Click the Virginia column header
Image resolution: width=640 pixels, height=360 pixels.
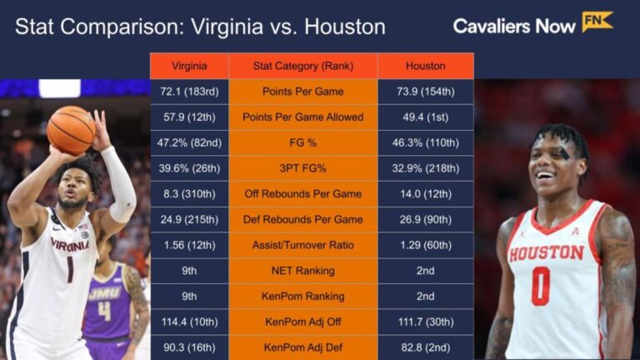tap(188, 66)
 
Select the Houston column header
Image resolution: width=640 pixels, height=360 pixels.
tap(425, 66)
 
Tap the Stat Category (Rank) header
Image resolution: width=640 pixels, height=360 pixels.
tap(302, 66)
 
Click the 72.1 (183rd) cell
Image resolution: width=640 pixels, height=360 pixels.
tap(188, 91)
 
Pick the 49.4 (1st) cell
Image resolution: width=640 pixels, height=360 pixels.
tap(425, 117)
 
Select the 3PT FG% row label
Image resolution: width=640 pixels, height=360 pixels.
tap(302, 168)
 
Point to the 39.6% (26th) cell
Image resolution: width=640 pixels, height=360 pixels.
tap(188, 168)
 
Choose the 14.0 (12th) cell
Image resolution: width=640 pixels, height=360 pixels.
tap(425, 194)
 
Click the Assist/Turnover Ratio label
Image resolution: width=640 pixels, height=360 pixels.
tap(302, 245)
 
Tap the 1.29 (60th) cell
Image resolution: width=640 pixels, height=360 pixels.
tap(425, 245)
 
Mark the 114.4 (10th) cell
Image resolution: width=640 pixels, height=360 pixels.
tap(188, 322)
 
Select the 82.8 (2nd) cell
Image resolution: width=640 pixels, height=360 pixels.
tap(425, 347)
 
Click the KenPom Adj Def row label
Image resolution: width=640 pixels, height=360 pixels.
tap(302, 347)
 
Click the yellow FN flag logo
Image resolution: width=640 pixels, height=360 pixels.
tap(597, 22)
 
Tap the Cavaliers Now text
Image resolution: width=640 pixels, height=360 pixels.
tap(513, 27)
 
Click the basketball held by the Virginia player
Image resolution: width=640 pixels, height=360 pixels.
tap(71, 130)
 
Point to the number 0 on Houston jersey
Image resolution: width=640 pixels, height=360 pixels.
tap(541, 286)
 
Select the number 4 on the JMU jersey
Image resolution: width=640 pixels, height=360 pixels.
tap(104, 311)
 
